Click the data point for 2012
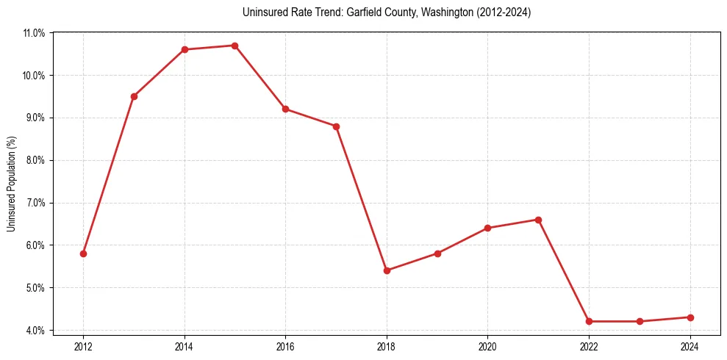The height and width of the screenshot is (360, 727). pos(83,253)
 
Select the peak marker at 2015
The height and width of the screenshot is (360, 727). pos(234,46)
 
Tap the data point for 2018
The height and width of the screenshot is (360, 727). pos(387,270)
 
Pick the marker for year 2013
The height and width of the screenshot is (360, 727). pos(134,96)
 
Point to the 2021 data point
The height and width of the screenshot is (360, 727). pos(538,220)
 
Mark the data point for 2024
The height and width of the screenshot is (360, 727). pos(690,317)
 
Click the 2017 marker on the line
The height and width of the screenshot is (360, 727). pos(336,126)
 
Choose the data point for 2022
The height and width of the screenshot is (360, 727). pos(589,321)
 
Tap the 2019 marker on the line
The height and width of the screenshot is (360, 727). pos(437,253)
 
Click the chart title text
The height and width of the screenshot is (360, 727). pos(386,12)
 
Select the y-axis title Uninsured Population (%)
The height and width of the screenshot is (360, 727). pos(11,184)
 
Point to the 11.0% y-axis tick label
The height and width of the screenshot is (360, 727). pos(34,33)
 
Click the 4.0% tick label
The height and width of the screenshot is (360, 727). pos(35,330)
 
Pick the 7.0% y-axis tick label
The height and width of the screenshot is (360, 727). pos(35,203)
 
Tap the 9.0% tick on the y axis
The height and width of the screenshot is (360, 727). pos(35,118)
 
